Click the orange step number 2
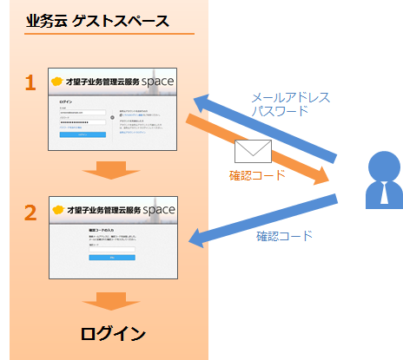point(30,212)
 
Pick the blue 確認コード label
point(285,236)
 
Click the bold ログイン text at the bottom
point(113,334)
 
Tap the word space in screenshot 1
point(155,82)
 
